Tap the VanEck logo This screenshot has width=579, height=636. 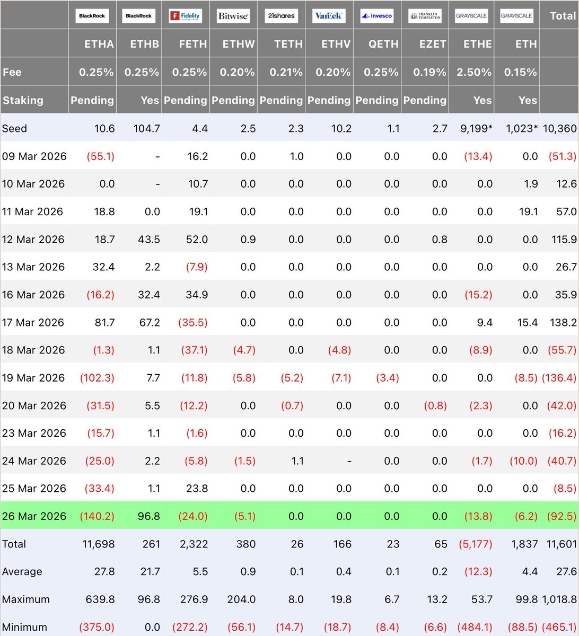pyautogui.click(x=329, y=16)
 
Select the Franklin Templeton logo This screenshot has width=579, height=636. pyautogui.click(x=425, y=16)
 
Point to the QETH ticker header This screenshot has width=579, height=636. pyautogui.click(x=383, y=44)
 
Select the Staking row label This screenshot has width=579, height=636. pyautogui.click(x=23, y=100)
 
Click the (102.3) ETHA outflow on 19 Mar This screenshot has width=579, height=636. pyautogui.click(x=97, y=378)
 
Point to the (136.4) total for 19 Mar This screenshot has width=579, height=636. pyautogui.click(x=559, y=378)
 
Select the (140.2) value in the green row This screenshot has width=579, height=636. pyautogui.click(x=97, y=516)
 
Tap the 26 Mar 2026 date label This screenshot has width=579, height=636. pyautogui.click(x=34, y=516)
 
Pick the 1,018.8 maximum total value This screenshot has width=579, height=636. pyautogui.click(x=559, y=599)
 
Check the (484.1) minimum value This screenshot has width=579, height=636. pyautogui.click(x=475, y=628)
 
